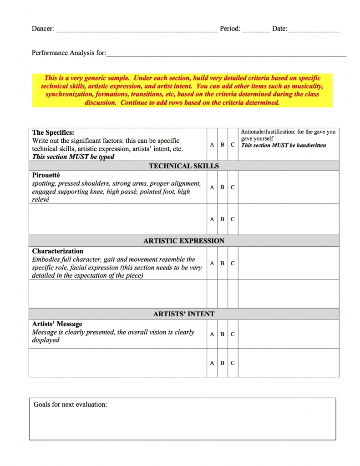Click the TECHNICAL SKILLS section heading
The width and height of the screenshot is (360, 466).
tap(184, 166)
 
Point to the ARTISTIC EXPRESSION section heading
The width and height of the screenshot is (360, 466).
tap(184, 241)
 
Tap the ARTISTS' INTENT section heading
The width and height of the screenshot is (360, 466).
tap(184, 314)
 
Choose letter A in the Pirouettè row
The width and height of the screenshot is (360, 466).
tap(212, 187)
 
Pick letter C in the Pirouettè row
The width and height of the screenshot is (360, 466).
tap(233, 187)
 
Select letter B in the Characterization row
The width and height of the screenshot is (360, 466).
tap(223, 263)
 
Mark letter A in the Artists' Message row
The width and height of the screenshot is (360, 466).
tap(212, 334)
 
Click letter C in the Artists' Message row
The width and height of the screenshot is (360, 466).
tap(233, 334)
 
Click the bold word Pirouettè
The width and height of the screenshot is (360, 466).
tap(46, 175)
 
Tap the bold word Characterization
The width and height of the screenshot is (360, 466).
tap(58, 251)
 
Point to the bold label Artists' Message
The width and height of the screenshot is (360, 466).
tap(57, 324)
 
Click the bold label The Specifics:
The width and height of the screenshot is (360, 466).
tap(53, 133)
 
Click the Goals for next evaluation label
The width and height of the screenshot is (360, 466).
tap(70, 404)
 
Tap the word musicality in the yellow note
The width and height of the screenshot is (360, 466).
tap(307, 86)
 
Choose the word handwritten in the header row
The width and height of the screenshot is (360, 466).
tap(309, 145)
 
